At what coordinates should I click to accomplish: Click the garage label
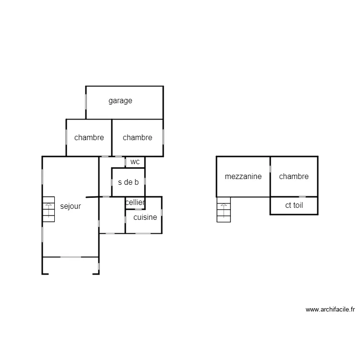(120, 101)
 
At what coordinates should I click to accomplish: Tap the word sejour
(71, 206)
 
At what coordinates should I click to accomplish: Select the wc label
(135, 162)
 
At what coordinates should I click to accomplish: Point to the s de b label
(128, 182)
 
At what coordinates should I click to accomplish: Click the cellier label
(135, 203)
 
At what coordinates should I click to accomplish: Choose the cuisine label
(145, 217)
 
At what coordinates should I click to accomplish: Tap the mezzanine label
(243, 176)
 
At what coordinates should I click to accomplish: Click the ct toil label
(294, 205)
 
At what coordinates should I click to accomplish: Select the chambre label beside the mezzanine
(294, 176)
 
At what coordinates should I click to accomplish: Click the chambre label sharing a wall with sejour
(89, 137)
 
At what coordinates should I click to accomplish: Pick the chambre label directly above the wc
(137, 137)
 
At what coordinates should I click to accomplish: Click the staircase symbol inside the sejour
(48, 209)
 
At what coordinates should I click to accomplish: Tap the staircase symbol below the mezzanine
(223, 210)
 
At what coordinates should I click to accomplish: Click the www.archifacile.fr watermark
(330, 310)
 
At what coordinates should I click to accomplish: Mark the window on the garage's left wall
(86, 102)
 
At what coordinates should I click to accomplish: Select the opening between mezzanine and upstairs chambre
(270, 169)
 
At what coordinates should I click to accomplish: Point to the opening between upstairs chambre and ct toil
(301, 197)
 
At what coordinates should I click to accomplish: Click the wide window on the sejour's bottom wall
(71, 257)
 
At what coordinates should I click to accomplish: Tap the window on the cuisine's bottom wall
(143, 233)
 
